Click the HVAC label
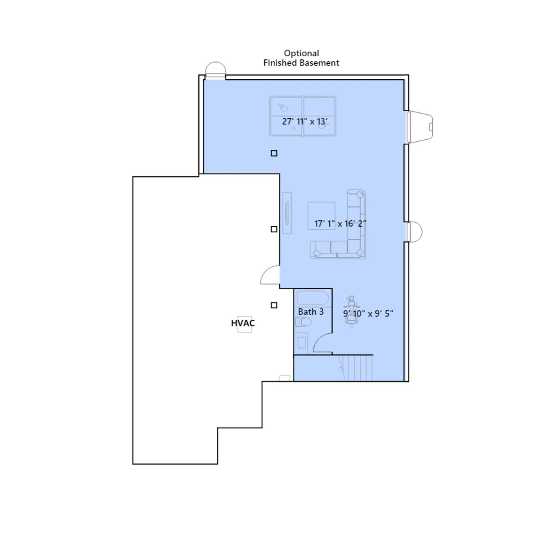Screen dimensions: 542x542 coord(243,323)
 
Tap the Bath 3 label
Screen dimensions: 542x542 coord(311,312)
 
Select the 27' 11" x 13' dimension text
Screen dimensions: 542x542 coord(305,121)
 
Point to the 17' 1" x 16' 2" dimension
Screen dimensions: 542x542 coord(340,224)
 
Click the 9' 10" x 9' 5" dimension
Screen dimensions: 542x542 coord(368,313)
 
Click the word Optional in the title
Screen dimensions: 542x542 coord(301,54)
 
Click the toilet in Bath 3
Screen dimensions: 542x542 coord(303,322)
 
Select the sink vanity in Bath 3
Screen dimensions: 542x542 coord(301,343)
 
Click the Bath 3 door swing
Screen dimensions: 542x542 coord(322,343)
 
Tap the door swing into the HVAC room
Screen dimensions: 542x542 coord(270,275)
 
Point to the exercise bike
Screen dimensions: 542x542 coord(351,312)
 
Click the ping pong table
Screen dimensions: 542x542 coord(303,116)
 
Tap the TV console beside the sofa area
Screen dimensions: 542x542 coord(287,213)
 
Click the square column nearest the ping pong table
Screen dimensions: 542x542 coord(274,153)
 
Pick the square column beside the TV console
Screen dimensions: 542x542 coord(274,229)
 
